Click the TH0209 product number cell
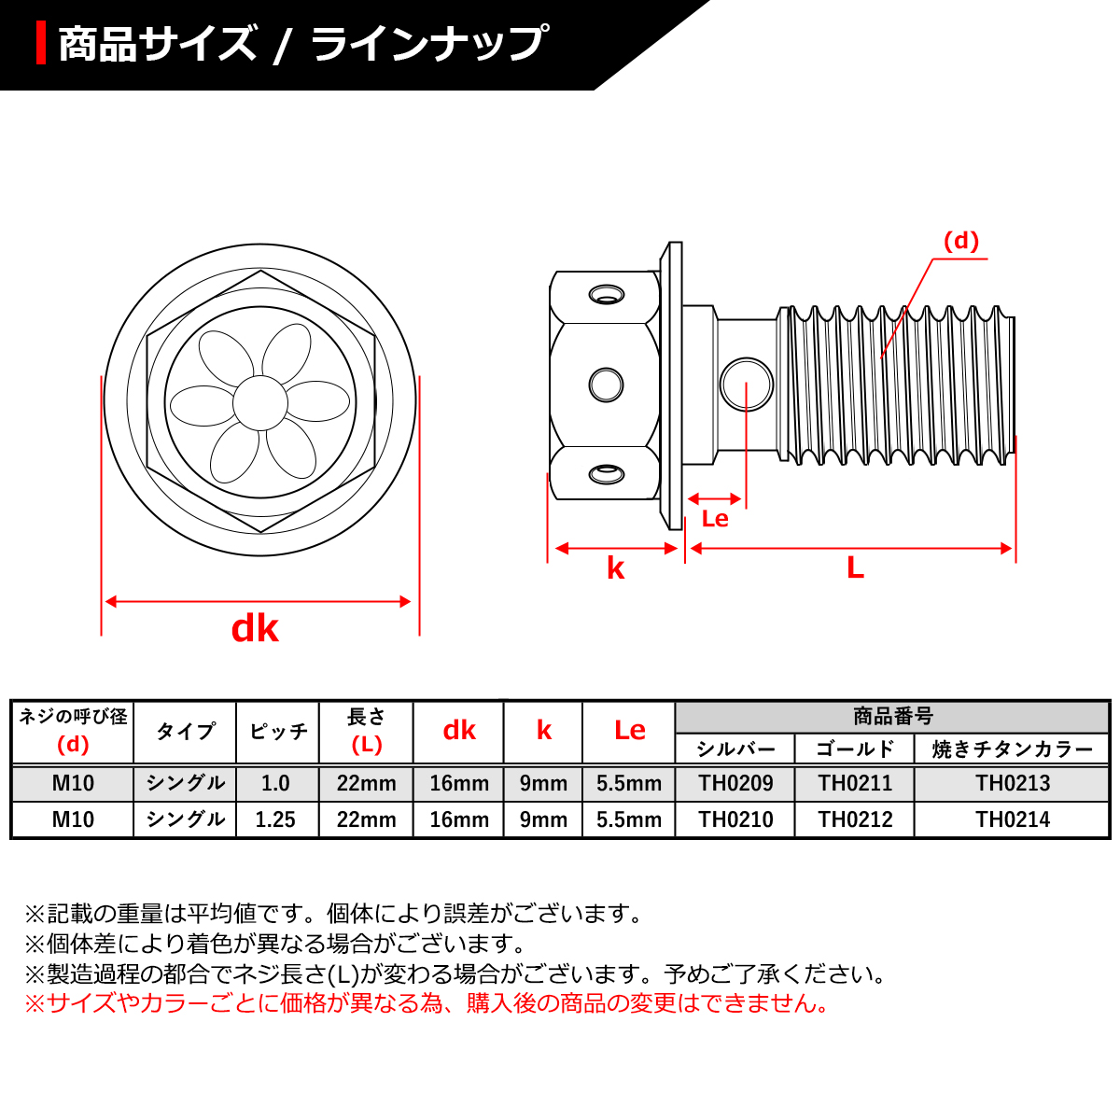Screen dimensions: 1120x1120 [735, 783]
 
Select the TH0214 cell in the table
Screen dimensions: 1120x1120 [1013, 819]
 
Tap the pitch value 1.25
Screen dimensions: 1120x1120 [275, 819]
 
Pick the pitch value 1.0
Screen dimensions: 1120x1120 [275, 783]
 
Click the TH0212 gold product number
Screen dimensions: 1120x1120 [855, 819]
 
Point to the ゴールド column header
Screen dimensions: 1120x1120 [855, 749]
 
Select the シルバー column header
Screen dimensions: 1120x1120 [735, 749]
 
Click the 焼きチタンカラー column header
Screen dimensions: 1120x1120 [1013, 749]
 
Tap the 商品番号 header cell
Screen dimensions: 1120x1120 [892, 717]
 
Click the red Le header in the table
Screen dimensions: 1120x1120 [629, 731]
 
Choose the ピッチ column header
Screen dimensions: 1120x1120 [278, 732]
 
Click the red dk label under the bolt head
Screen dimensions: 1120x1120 [255, 629]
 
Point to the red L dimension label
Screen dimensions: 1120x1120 [855, 567]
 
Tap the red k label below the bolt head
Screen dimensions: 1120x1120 [615, 568]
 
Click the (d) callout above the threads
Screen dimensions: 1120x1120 [960, 242]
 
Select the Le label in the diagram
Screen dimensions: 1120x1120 [715, 519]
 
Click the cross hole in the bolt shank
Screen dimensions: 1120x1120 [747, 384]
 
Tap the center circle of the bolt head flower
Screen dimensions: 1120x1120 [259, 402]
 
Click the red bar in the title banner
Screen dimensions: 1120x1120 [41, 44]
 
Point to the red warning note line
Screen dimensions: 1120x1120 [426, 1003]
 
